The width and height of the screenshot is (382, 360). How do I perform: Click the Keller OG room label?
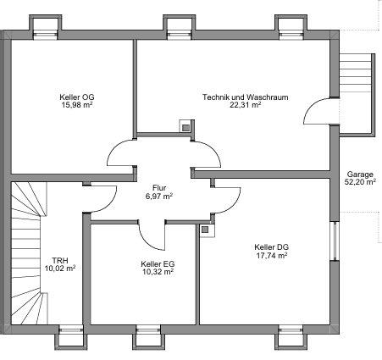(x=76, y=97)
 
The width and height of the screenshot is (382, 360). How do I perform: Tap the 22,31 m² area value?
(x=245, y=106)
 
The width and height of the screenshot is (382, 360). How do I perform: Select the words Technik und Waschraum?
(x=245, y=97)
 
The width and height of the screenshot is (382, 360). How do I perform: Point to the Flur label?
(x=158, y=187)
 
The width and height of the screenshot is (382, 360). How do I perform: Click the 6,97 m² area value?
(x=158, y=196)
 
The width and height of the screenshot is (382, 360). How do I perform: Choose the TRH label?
(x=60, y=260)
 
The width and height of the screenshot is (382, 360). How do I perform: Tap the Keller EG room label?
(x=158, y=263)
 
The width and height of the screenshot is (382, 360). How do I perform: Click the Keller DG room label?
(x=271, y=246)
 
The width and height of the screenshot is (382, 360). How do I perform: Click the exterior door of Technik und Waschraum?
(x=320, y=111)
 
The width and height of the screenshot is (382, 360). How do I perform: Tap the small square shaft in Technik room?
(x=184, y=126)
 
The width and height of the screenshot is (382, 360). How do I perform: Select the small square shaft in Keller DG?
(x=204, y=228)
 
